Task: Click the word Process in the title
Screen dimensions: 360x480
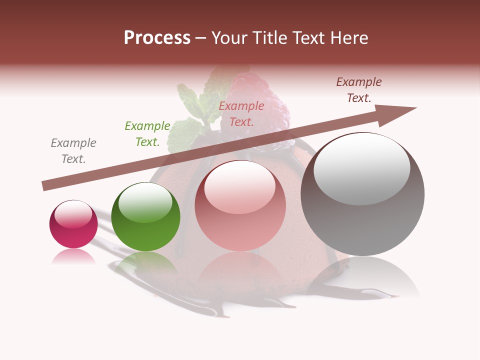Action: click(x=157, y=38)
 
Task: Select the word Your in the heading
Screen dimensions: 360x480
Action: click(x=227, y=38)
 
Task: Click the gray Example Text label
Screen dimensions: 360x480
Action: click(x=73, y=151)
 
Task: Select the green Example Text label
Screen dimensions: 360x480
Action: click(x=147, y=134)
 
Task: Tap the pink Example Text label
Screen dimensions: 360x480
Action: click(x=241, y=113)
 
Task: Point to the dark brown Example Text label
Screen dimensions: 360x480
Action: click(x=359, y=90)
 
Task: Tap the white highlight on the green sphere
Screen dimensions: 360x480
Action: click(x=145, y=202)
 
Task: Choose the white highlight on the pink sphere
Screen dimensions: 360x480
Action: click(x=239, y=187)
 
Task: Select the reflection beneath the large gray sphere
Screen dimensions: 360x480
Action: click(x=362, y=277)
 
